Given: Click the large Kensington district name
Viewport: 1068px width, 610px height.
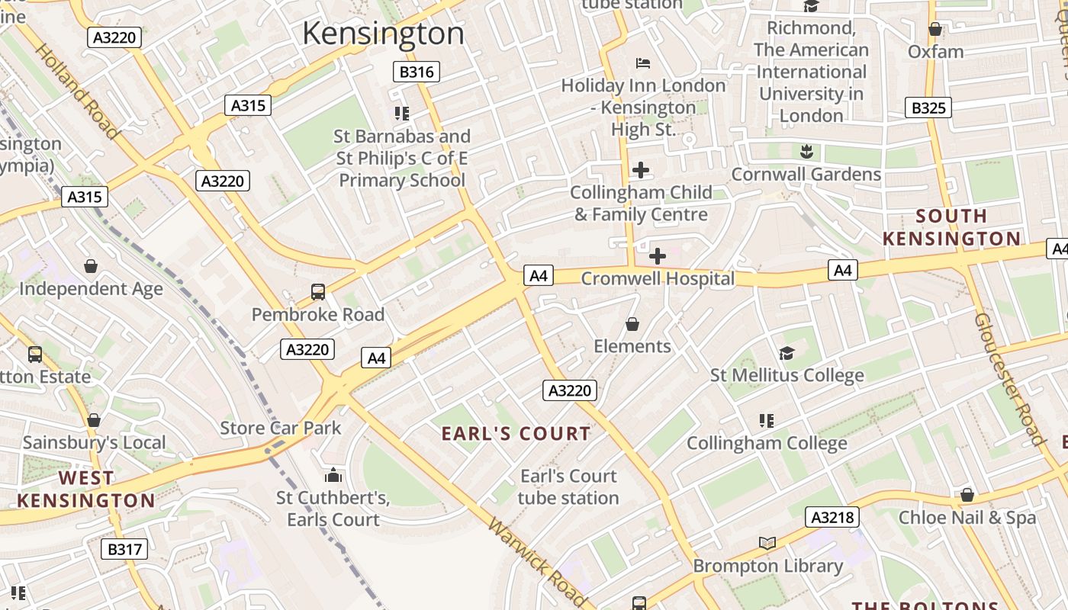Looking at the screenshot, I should tap(383, 34).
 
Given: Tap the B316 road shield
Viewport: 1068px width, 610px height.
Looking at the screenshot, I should tap(417, 72).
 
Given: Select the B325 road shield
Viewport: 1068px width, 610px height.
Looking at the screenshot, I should tap(928, 108).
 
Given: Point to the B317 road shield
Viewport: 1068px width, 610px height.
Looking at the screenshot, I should tap(124, 549).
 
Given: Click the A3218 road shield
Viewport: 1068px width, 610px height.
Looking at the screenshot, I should tap(832, 518).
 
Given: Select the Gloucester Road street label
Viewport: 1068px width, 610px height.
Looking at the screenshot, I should tap(1008, 378).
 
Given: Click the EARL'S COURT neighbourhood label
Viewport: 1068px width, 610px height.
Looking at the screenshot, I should tap(516, 434).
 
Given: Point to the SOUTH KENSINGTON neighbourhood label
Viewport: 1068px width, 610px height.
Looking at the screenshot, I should tap(951, 227).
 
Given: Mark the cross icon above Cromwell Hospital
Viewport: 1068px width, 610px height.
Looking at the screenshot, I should tap(657, 256).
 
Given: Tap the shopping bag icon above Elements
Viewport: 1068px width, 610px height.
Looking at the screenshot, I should tap(632, 324).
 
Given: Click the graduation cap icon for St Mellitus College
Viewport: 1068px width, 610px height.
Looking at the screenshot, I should tap(787, 353).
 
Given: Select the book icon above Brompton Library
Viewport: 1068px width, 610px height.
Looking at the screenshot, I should tap(767, 543).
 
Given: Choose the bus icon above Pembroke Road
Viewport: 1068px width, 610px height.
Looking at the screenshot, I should tap(318, 291).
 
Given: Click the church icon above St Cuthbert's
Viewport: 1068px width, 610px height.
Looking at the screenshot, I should tap(333, 476).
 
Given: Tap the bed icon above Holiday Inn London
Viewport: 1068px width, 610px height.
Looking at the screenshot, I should tap(643, 63).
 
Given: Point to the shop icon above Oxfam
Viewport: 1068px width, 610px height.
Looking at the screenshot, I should tap(935, 30).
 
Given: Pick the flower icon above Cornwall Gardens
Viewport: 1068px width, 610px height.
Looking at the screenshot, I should tap(806, 151).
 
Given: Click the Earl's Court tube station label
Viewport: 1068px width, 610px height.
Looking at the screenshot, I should tap(568, 486).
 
